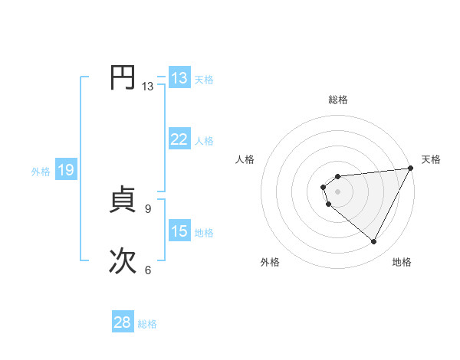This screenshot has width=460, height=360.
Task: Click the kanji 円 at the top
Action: tap(122, 78)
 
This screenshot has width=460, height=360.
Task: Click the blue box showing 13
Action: tap(179, 78)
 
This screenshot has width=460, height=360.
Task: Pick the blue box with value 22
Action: tap(179, 139)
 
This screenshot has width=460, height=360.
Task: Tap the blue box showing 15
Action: tap(179, 231)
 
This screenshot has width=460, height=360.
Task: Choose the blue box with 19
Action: tap(66, 170)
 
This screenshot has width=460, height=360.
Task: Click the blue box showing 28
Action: tap(123, 323)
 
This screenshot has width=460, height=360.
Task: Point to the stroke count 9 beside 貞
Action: tap(148, 208)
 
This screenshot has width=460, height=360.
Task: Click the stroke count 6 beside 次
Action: tap(148, 270)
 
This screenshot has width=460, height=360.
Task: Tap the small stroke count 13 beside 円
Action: tap(147, 87)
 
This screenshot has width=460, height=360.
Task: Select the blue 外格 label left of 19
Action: tap(41, 172)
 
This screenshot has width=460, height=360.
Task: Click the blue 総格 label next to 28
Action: tap(147, 324)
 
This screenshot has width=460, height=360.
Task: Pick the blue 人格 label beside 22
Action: tap(204, 141)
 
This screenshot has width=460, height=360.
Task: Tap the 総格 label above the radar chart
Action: tap(338, 100)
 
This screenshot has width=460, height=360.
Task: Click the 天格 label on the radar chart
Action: tap(431, 159)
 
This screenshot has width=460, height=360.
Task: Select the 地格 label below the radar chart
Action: tap(402, 263)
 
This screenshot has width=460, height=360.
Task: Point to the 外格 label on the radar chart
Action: tap(270, 263)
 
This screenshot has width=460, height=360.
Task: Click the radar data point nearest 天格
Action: tap(410, 169)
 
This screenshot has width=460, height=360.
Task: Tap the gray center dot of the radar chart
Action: tap(338, 192)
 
